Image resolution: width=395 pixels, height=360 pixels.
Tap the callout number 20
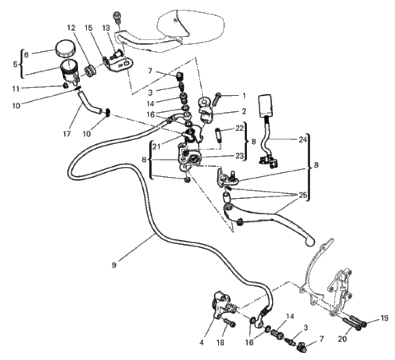point(343,340)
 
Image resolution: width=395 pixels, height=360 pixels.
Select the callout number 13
point(106,27)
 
